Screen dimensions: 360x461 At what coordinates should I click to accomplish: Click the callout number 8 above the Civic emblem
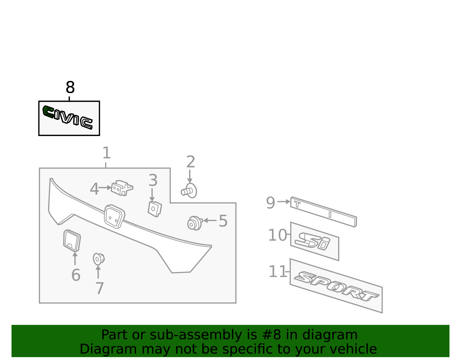point(70,88)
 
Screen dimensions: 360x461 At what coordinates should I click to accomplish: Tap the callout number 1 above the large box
point(106,153)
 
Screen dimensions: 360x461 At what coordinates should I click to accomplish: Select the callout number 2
point(190,162)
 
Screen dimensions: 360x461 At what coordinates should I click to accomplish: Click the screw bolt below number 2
point(189,191)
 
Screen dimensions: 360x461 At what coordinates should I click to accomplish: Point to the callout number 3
point(153,180)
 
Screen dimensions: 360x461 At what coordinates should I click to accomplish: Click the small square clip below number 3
point(155,209)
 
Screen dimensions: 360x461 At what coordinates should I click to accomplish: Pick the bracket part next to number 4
point(122,188)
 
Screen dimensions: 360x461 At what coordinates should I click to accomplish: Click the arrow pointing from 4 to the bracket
point(105,188)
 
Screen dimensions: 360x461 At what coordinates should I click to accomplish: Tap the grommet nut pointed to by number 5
point(194,223)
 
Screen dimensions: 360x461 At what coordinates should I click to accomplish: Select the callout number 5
point(223,221)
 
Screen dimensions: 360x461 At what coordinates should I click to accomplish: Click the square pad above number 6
point(72,240)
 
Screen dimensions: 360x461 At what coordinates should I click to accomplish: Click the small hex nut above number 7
point(98,259)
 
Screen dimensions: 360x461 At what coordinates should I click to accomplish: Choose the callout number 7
point(99,288)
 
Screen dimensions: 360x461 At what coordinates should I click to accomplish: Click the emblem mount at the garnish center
point(114,217)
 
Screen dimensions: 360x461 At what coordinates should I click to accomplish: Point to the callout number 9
point(270,203)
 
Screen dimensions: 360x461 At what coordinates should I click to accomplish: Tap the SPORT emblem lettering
point(336,286)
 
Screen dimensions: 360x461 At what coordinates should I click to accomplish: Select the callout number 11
point(277,272)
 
